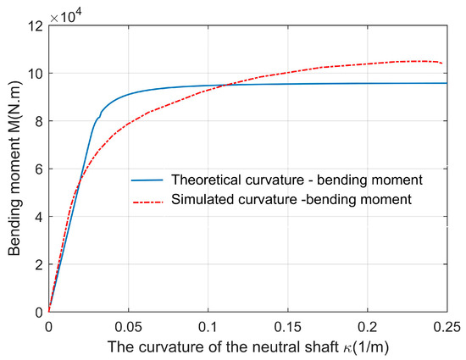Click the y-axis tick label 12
pyautogui.click(x=36, y=25)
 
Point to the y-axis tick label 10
pyautogui.click(x=36, y=73)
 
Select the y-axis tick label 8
pyautogui.click(x=39, y=121)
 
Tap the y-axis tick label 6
pyautogui.click(x=39, y=169)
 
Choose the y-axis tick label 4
pyautogui.click(x=39, y=217)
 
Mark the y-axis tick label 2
pyautogui.click(x=39, y=264)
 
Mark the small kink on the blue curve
pyautogui.click(x=100, y=116)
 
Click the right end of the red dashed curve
pyautogui.click(x=441, y=63)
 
